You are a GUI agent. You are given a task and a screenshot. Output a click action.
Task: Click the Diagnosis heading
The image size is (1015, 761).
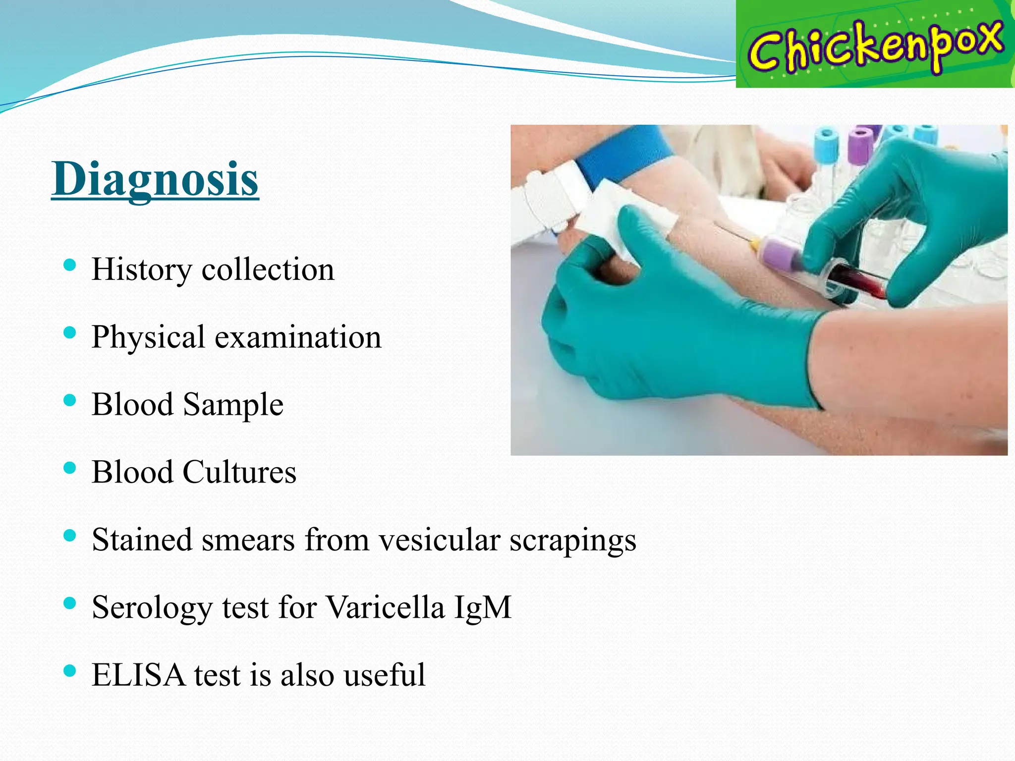click(155, 179)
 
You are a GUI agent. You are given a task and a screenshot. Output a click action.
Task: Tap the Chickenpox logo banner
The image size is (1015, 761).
click(875, 45)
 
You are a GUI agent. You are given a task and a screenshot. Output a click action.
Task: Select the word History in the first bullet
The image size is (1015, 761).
click(141, 270)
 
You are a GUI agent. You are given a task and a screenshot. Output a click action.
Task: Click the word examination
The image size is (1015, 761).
click(298, 337)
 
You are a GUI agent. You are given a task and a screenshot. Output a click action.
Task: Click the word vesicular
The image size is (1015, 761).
click(439, 540)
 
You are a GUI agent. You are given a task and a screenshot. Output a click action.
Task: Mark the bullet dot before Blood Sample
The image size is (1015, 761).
click(70, 400)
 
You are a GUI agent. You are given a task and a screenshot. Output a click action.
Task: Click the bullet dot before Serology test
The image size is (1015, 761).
click(70, 603)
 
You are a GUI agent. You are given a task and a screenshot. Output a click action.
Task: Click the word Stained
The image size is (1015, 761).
click(141, 540)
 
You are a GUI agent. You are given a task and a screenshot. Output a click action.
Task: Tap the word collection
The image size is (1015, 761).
click(268, 270)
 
